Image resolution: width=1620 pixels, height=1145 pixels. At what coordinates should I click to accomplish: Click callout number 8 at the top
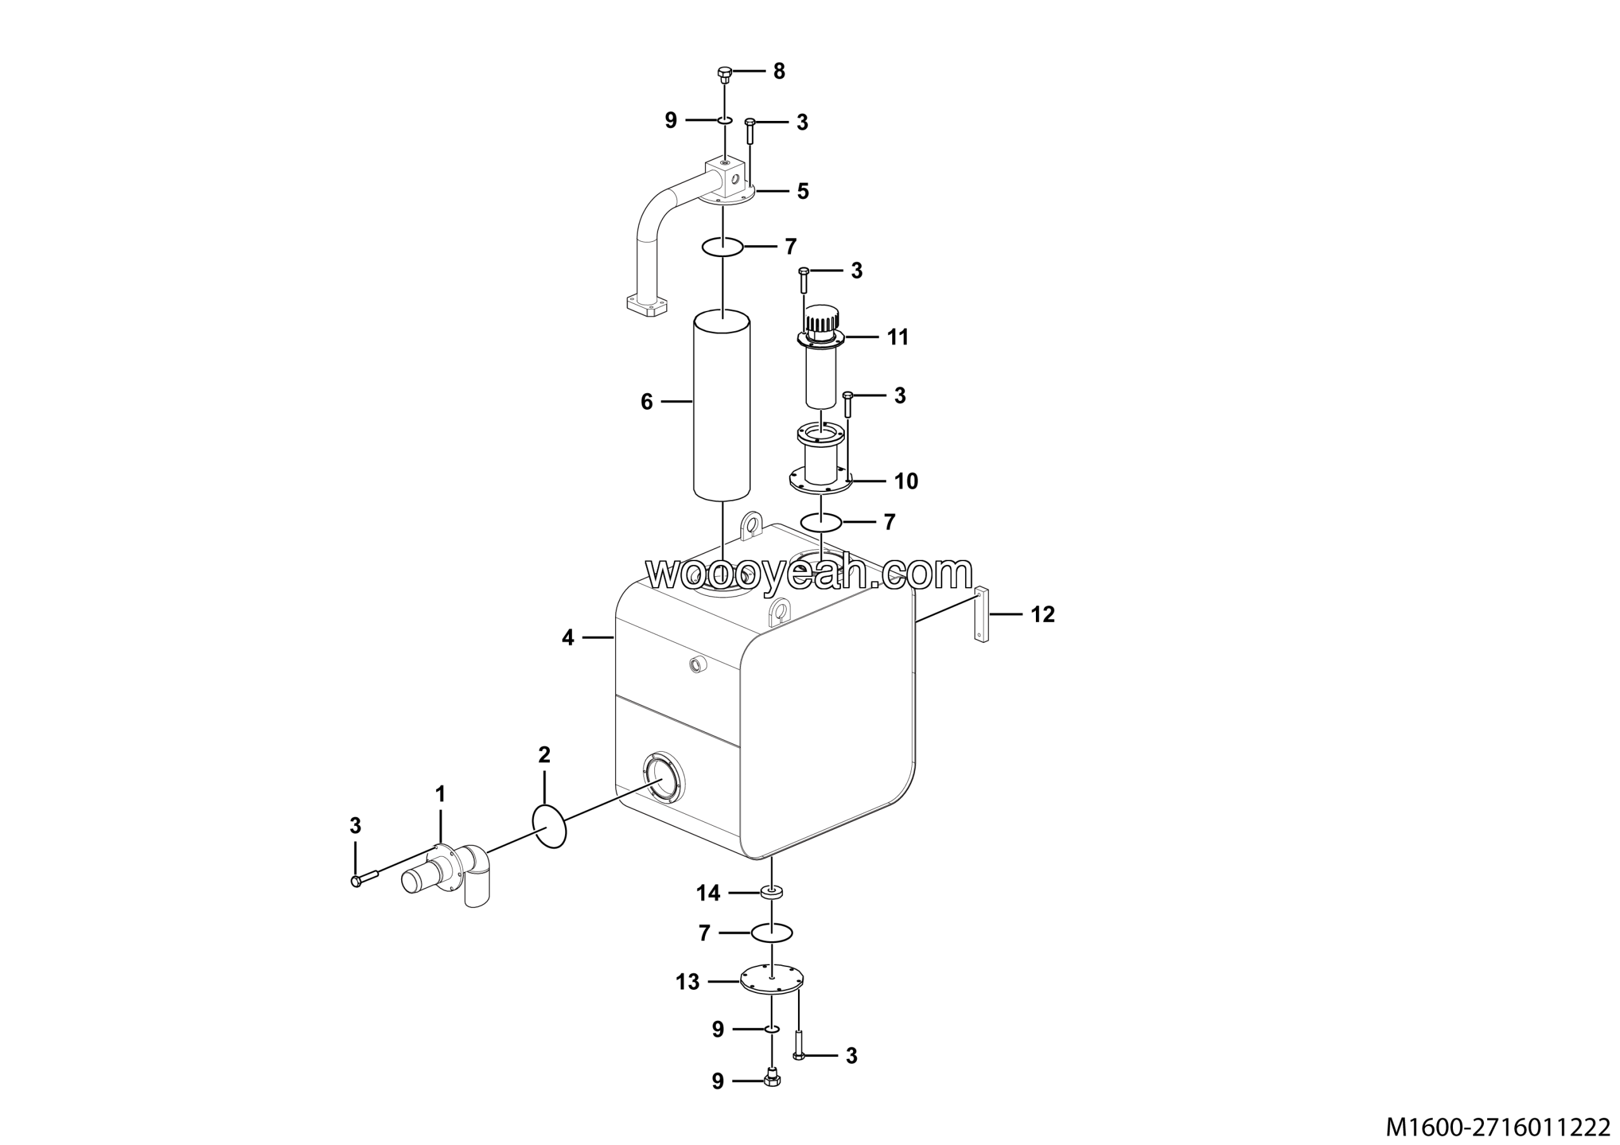pos(779,72)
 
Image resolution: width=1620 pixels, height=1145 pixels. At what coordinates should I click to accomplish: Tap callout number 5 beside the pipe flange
pos(803,191)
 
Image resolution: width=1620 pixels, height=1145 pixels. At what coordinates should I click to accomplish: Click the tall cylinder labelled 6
pos(722,405)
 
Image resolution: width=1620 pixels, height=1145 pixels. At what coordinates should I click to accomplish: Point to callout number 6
pos(646,402)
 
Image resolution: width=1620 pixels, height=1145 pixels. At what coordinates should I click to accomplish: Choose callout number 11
pos(897,338)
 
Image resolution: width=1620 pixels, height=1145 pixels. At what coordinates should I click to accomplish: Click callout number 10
pos(906,481)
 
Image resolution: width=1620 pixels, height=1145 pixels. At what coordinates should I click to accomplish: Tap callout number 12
pos(1042,615)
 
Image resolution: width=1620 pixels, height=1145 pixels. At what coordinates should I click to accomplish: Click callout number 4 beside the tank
pos(568,638)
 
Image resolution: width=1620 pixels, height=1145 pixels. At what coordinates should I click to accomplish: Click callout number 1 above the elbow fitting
pos(440,795)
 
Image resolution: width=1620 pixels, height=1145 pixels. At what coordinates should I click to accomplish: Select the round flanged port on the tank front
pos(663,776)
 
